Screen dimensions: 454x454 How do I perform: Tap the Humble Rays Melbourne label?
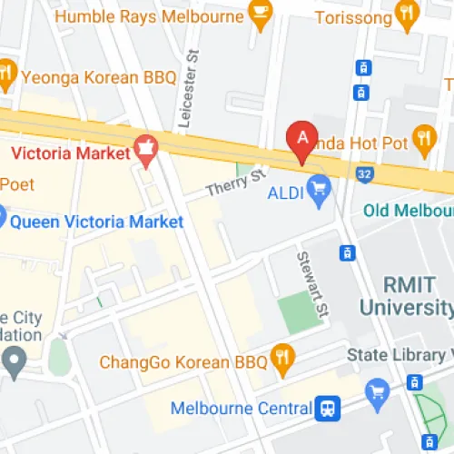[150, 16]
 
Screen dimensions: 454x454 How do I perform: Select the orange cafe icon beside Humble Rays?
[261, 16]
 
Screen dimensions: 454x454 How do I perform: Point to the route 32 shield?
[365, 171]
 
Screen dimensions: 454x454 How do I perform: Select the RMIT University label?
[404, 296]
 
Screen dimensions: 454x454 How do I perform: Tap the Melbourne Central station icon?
[329, 409]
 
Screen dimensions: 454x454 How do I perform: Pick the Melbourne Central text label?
[242, 409]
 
